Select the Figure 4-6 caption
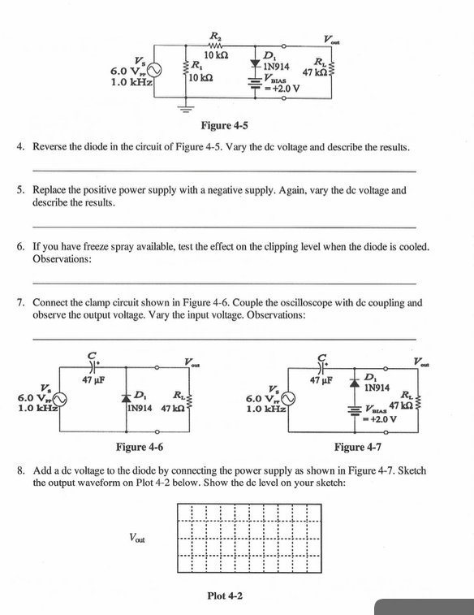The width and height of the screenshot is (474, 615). click(x=140, y=446)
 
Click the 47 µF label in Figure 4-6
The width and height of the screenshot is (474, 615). click(x=96, y=379)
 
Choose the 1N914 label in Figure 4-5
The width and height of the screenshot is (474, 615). click(x=278, y=66)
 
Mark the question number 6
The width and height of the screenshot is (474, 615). click(x=20, y=245)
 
